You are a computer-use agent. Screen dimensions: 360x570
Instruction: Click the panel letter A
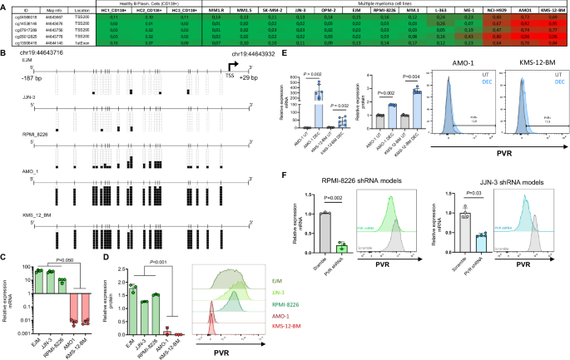coord(4,4)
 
